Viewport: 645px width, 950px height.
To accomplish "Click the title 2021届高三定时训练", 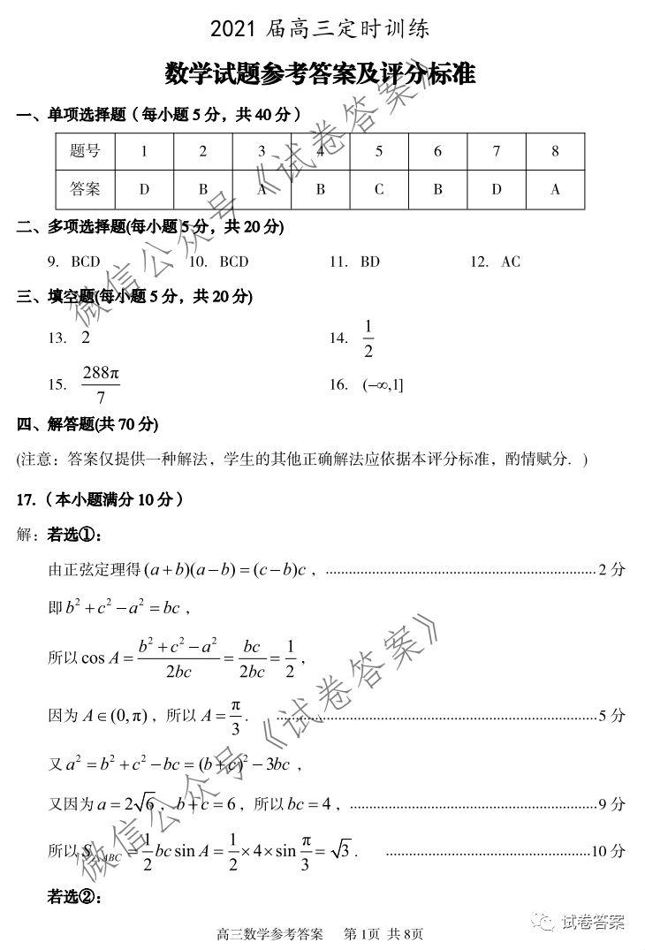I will (x=322, y=29).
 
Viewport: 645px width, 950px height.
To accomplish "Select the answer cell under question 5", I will (x=379, y=189).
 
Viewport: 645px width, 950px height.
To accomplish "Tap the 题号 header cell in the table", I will (x=85, y=151).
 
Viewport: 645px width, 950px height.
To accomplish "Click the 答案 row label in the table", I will (x=85, y=189).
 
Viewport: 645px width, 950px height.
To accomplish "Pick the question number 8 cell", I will (x=555, y=151).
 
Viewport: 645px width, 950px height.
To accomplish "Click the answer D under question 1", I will (x=144, y=189).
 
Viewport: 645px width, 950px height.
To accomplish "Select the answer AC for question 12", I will (x=510, y=262).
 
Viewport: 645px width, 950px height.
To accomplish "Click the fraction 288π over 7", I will (x=100, y=384).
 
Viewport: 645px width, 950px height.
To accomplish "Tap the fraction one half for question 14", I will (x=368, y=339).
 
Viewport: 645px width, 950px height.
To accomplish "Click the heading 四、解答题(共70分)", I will (x=87, y=425).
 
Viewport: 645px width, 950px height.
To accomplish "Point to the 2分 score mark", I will (x=611, y=570).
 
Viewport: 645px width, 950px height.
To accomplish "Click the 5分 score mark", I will (x=611, y=716).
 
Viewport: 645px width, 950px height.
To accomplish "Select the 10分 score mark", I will (x=607, y=851).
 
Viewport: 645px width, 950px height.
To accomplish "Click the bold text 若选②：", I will (x=75, y=897).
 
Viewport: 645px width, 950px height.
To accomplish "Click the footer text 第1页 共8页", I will (x=383, y=933).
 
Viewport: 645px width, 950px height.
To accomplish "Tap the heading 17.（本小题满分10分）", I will (x=100, y=500).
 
